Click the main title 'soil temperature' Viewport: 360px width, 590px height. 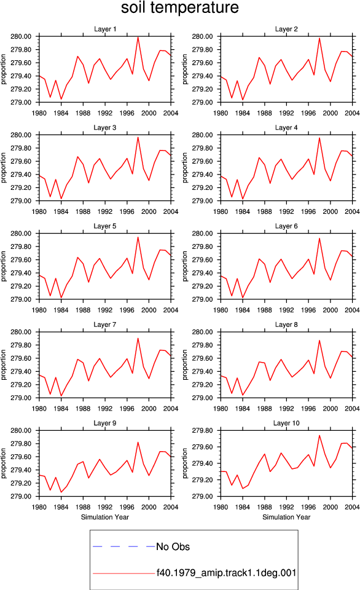[x=180, y=7]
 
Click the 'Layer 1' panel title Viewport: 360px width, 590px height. [x=105, y=29]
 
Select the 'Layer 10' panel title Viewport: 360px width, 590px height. [x=286, y=423]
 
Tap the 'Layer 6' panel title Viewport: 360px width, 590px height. [x=286, y=226]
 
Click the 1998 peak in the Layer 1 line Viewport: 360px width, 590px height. [x=138, y=37]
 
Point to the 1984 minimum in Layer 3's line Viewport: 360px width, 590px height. [x=61, y=199]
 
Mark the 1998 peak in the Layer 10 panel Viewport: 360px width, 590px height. [x=319, y=435]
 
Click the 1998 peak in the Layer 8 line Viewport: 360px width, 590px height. [x=319, y=340]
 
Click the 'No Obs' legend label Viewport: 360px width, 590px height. [x=173, y=546]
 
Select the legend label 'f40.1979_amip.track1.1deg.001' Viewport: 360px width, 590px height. [x=227, y=573]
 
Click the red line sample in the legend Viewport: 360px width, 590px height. [x=123, y=573]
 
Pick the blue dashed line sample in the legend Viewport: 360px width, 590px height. [x=123, y=546]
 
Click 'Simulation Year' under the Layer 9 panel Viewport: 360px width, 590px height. [x=105, y=517]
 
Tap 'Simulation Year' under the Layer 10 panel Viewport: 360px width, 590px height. [x=286, y=517]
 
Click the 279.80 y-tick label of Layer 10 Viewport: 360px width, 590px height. [x=202, y=430]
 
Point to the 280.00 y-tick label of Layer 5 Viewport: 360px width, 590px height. [x=21, y=234]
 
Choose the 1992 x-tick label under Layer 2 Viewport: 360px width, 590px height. [x=286, y=113]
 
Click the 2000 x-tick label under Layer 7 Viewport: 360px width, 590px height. [x=149, y=408]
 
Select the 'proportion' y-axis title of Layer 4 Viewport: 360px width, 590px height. [x=185, y=167]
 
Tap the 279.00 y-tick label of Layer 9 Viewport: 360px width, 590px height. [x=21, y=497]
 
